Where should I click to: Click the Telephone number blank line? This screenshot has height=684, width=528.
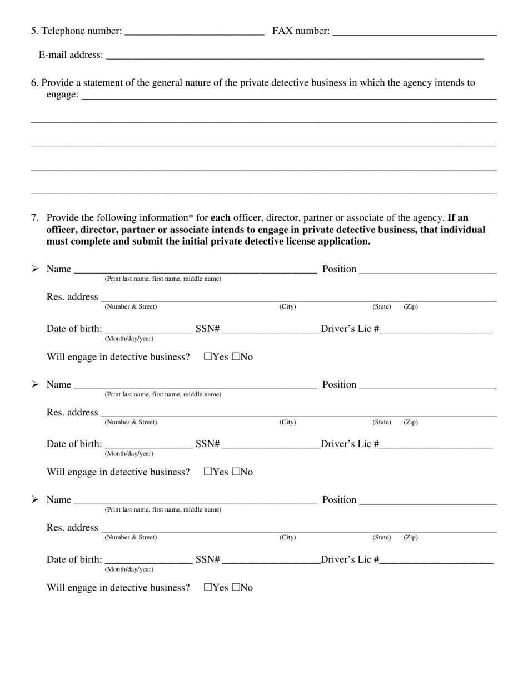click(x=195, y=32)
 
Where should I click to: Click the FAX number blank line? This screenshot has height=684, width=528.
click(x=414, y=32)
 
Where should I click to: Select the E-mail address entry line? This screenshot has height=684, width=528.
click(x=295, y=56)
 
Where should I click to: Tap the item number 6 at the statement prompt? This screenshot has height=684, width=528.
click(x=34, y=83)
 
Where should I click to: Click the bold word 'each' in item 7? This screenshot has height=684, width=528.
click(x=220, y=217)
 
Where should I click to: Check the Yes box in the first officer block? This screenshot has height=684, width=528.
click(x=208, y=357)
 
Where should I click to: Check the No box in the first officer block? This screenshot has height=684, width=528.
click(x=236, y=357)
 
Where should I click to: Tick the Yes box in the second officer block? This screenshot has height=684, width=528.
click(x=208, y=472)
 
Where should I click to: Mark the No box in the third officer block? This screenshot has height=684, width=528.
click(x=236, y=588)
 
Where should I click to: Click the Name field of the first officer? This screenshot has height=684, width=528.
click(x=195, y=270)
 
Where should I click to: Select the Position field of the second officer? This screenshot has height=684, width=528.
click(x=428, y=385)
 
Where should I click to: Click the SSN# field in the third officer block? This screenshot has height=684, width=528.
click(x=271, y=561)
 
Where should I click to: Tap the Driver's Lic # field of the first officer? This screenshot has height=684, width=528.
click(x=436, y=330)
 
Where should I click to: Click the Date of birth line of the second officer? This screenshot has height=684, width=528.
click(x=148, y=445)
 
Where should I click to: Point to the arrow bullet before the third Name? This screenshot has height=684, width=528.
click(x=35, y=500)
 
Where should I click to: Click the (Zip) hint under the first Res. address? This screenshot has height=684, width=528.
click(x=411, y=307)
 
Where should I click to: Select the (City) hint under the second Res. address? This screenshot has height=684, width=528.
click(x=287, y=422)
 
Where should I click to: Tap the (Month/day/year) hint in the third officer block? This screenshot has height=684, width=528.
click(x=129, y=569)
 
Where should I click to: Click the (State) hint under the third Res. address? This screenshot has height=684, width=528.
click(x=382, y=537)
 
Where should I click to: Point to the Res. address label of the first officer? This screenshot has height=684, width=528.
click(x=72, y=297)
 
